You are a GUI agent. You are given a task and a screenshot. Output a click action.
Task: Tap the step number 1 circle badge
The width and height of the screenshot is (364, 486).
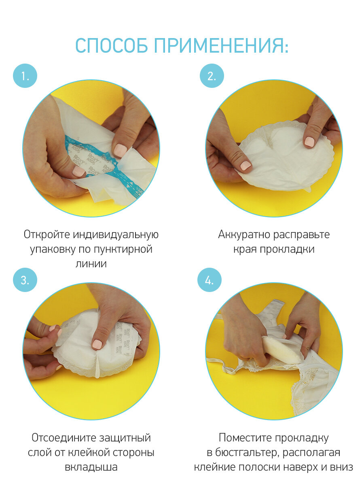25,76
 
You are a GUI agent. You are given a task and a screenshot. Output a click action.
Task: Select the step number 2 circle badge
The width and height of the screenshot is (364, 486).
212,76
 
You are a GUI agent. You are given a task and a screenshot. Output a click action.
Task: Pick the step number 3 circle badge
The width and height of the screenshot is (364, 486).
25,280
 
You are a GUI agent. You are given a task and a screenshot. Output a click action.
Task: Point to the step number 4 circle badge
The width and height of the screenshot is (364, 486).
209,280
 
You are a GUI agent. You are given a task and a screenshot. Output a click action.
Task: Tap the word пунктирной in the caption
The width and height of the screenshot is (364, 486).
123,249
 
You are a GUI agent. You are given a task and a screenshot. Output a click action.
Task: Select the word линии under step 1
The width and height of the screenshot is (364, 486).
91,264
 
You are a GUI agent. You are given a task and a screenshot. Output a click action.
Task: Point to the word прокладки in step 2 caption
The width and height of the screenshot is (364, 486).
287,249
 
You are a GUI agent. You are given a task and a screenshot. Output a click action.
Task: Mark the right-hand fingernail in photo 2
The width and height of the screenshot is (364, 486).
309,141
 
